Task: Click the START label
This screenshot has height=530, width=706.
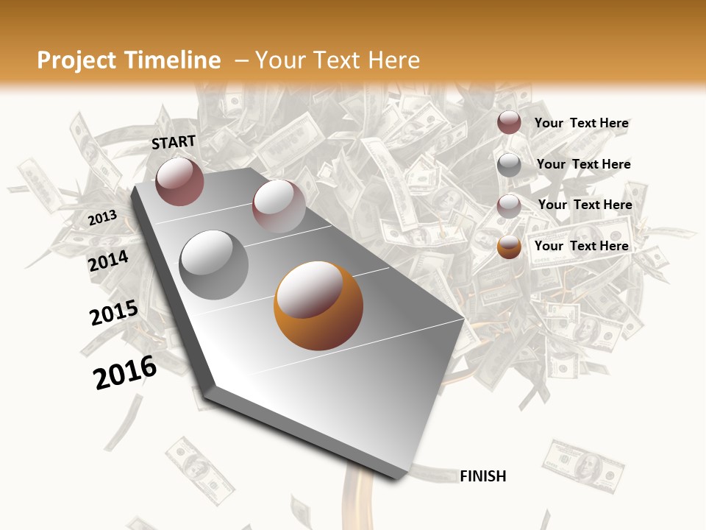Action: coord(174,142)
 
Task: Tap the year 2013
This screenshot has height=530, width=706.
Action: coord(102,218)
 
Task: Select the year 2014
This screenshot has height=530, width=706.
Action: coord(108,261)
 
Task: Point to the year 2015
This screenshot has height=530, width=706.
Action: coord(113,312)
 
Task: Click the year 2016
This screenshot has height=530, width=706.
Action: coord(125,372)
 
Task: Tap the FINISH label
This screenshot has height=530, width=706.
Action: coord(482,476)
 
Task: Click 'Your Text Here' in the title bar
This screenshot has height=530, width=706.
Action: coord(338,60)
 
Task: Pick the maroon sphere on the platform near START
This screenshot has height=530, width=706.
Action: coord(179,181)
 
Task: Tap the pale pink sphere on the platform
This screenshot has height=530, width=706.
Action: coord(279,206)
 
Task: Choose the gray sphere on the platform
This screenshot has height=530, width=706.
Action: coord(214,264)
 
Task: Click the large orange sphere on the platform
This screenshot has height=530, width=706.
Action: coord(318,305)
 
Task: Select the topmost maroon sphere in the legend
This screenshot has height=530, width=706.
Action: coord(509,122)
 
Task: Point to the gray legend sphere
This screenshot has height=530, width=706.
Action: coord(509,164)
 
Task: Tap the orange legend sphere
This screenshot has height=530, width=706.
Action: coord(509,247)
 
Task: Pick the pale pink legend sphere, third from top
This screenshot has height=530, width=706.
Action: coord(509,205)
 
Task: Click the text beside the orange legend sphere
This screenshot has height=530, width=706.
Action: coord(581,246)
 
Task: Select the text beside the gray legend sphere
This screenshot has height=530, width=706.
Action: coord(583,164)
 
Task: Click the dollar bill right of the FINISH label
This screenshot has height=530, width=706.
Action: coord(583,466)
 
